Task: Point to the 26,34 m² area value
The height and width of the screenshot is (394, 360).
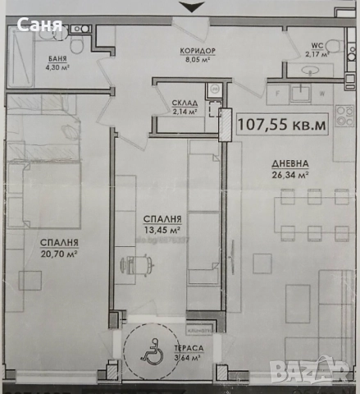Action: coord(291,174)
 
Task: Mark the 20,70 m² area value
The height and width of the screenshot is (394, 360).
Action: coord(59,255)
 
